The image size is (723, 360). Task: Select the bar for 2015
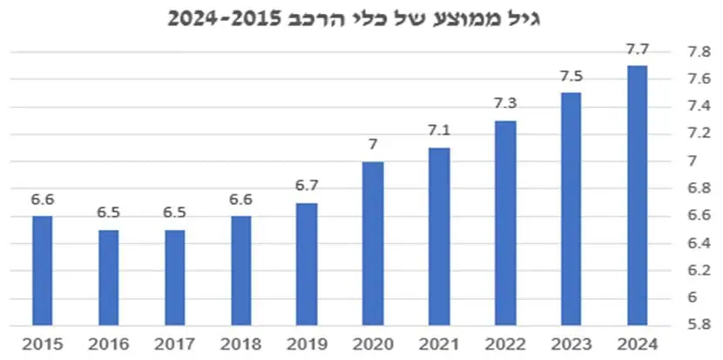point(43,271)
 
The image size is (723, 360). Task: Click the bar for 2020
point(373,244)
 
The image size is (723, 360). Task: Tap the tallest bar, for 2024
point(638,196)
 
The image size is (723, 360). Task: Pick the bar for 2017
point(175,278)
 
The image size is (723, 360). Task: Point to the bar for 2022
point(505,223)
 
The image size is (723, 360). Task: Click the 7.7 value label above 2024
point(638,50)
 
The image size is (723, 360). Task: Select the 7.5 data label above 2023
point(571,77)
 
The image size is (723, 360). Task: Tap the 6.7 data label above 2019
point(307,186)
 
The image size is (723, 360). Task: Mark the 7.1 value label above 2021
point(439,132)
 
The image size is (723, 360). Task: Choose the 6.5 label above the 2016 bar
point(108,214)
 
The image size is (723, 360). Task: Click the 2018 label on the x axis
point(240,344)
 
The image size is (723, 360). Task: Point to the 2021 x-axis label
point(439,344)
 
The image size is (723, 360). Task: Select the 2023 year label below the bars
point(571,344)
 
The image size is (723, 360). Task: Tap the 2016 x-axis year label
point(108,344)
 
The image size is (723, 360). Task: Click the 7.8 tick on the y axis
point(699,52)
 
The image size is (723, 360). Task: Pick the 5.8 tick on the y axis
point(699,325)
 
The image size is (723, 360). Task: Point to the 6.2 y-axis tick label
point(699,271)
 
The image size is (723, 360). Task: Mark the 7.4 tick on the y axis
point(699,107)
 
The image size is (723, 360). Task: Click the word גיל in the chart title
point(524,19)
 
